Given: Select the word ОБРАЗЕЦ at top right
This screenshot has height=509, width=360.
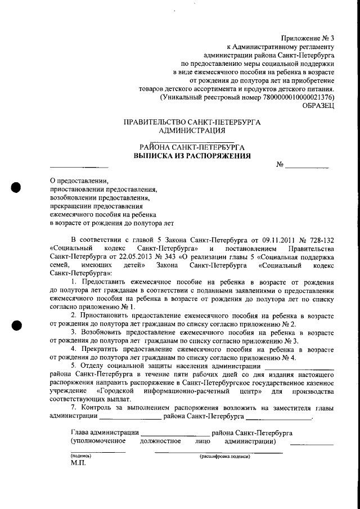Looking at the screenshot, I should [x=318, y=105].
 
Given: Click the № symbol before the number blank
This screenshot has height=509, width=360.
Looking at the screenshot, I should [x=280, y=165].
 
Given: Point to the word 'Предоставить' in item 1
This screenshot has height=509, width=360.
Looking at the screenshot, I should [x=105, y=281].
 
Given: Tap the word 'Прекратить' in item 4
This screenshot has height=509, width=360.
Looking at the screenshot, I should [x=101, y=349].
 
